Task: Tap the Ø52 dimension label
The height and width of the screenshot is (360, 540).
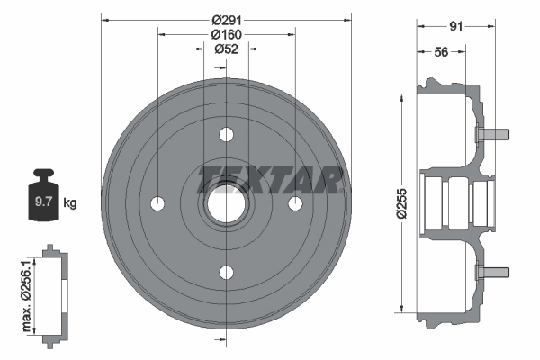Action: tap(225, 49)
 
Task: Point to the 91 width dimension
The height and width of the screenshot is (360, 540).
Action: tap(454, 26)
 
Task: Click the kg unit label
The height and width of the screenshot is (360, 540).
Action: tap(70, 203)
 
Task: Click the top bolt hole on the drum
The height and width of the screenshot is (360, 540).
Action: tap(225, 135)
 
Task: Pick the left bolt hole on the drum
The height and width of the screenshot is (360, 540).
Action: tap(157, 203)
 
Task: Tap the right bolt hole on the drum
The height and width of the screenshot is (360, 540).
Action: tap(293, 203)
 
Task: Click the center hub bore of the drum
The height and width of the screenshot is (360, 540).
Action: tap(225, 204)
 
